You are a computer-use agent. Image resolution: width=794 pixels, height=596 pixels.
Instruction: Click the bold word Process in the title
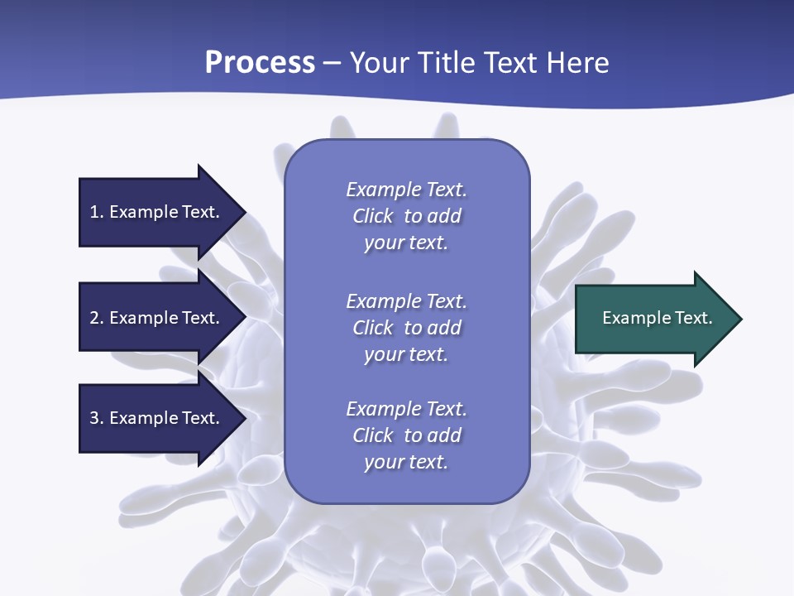(x=260, y=63)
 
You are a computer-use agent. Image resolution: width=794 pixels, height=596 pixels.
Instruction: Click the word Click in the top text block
(x=373, y=216)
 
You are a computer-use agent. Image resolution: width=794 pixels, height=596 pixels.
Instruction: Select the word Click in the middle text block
(x=373, y=328)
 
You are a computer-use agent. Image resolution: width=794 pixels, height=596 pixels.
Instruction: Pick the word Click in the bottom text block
(x=373, y=435)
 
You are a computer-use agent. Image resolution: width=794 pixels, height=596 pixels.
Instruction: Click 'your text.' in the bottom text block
(x=406, y=462)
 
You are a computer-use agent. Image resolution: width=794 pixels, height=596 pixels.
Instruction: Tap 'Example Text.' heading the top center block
(x=406, y=190)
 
